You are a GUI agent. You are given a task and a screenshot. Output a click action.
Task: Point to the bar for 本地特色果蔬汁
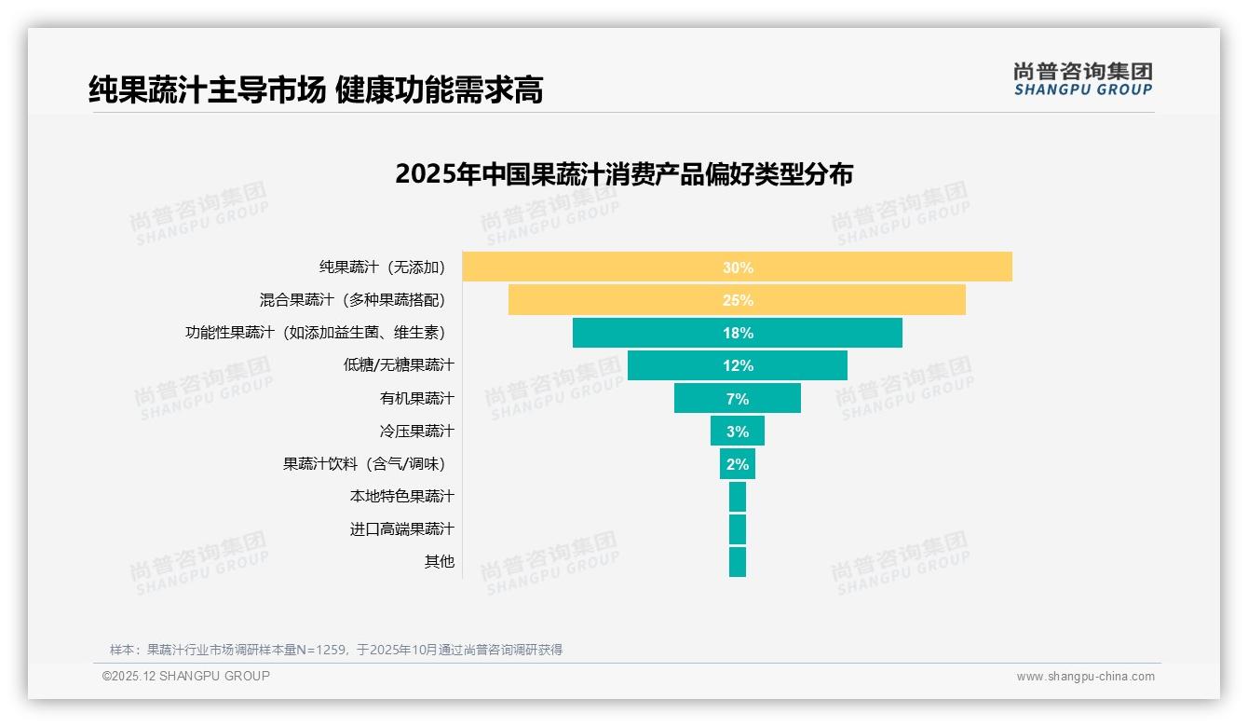tap(737, 497)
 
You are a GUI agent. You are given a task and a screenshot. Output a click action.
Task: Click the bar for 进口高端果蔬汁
tap(737, 529)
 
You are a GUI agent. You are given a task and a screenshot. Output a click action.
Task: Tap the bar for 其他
tap(737, 562)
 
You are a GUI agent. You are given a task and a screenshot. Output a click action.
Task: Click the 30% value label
tap(738, 267)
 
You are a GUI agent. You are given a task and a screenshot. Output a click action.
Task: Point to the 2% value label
tap(738, 464)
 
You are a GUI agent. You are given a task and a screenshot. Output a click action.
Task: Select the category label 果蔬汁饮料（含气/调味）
tap(369, 463)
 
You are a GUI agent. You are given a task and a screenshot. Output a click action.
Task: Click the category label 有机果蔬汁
tap(416, 398)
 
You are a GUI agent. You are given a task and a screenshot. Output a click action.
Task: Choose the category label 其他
tap(439, 562)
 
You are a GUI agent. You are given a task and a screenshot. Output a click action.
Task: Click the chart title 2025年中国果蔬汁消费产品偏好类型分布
tap(623, 174)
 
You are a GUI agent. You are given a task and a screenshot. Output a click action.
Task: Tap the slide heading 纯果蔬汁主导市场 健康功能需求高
tap(316, 89)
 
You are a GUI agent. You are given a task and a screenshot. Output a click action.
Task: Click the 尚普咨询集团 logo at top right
tap(1082, 78)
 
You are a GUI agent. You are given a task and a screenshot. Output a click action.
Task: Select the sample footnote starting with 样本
tap(336, 650)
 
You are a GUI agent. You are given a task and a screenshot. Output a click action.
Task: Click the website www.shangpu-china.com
tap(1085, 677)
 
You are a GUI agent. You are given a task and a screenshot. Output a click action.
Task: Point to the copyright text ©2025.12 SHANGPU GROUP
tap(186, 677)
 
